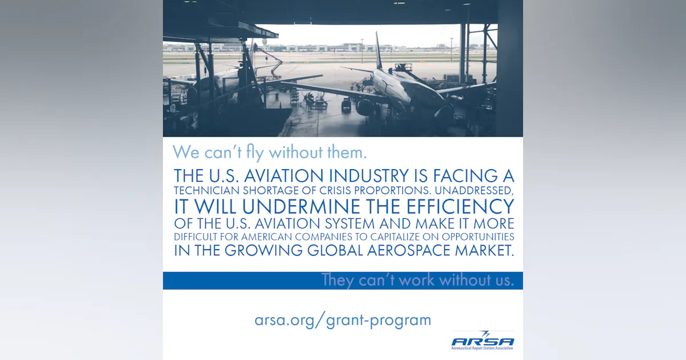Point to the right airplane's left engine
[x=366, y=106]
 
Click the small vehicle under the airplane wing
[x=346, y=104]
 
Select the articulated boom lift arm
[x=273, y=62]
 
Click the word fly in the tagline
[x=253, y=153]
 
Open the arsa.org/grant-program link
[x=342, y=320]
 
